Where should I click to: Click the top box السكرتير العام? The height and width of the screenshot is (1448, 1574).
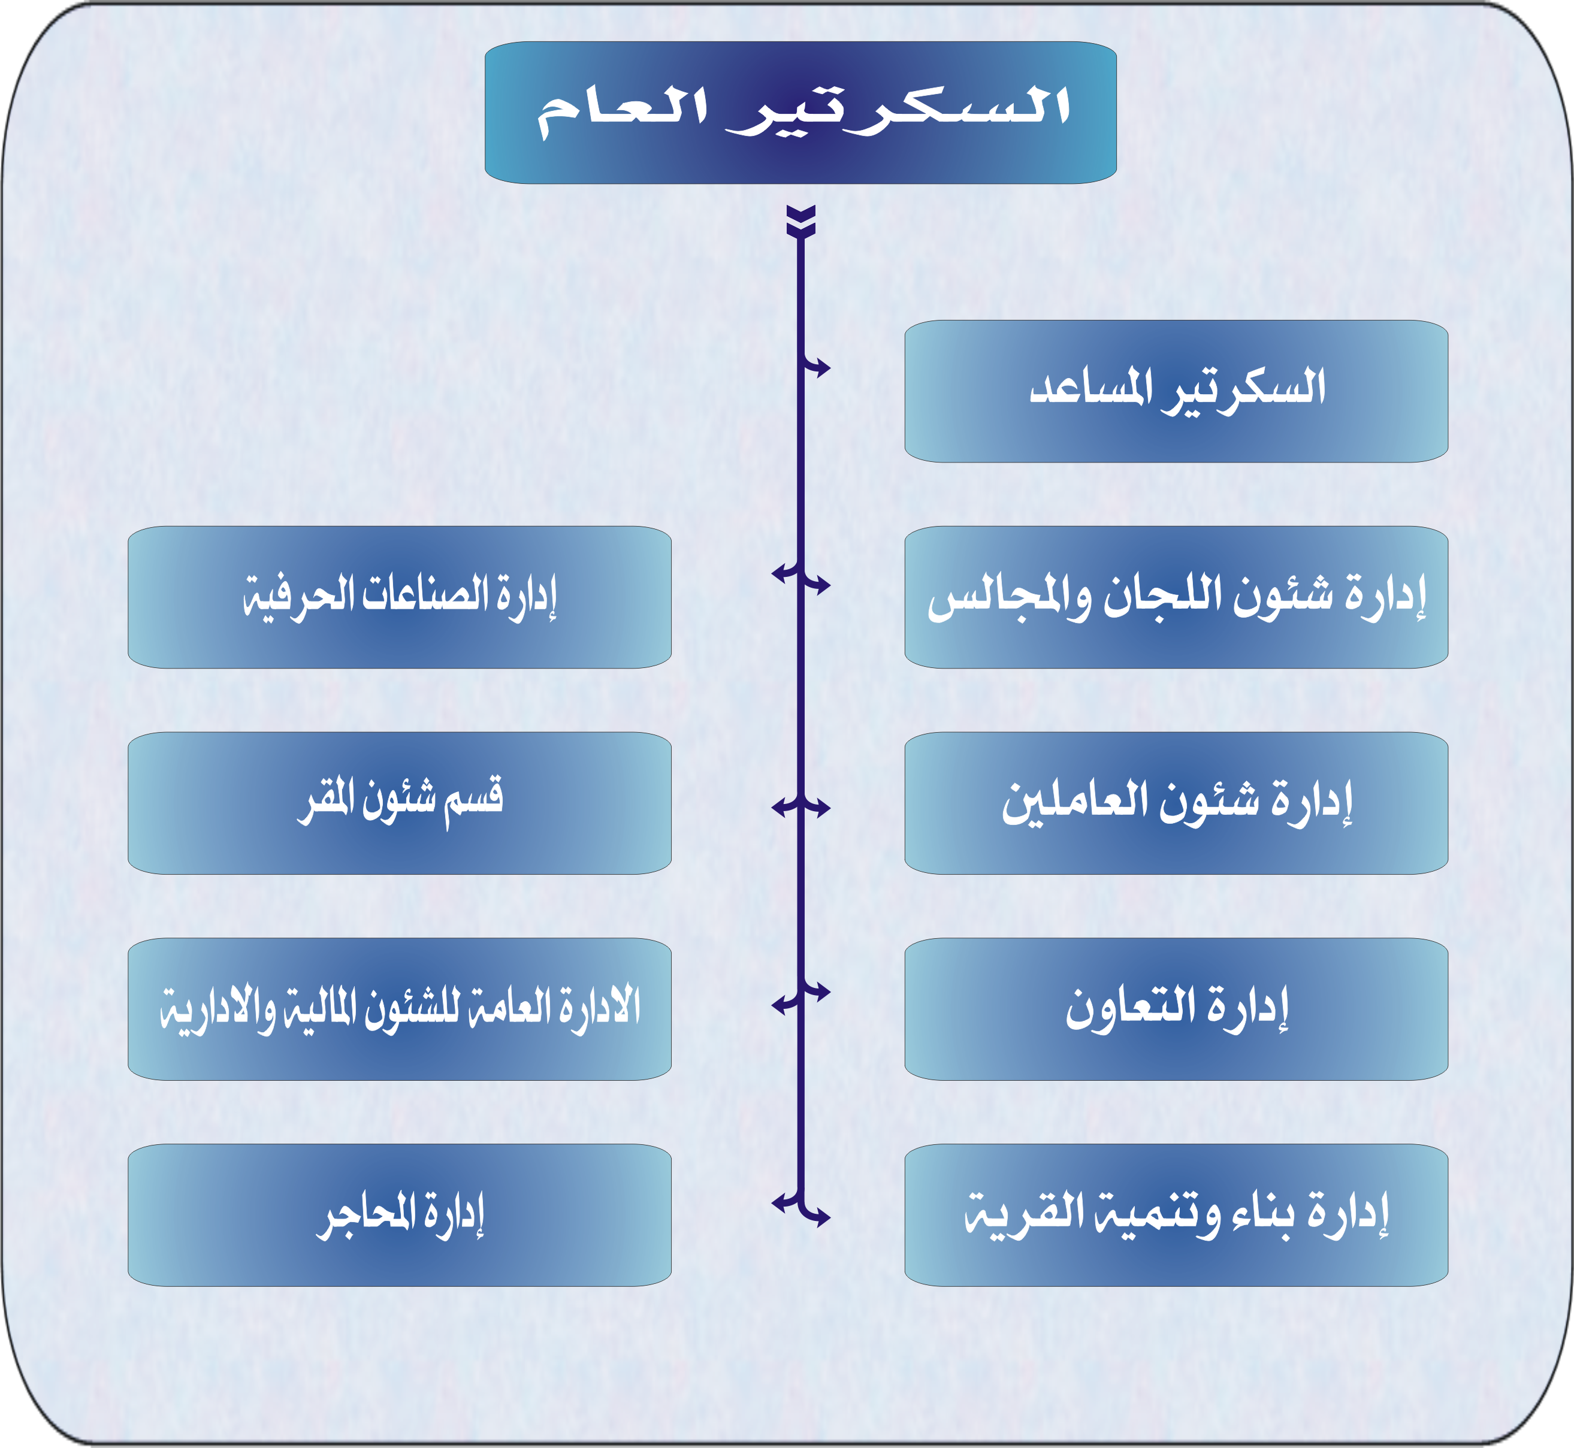(800, 113)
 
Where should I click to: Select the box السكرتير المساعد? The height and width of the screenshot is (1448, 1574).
(1176, 391)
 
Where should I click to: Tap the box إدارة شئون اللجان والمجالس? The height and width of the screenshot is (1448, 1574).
(1176, 597)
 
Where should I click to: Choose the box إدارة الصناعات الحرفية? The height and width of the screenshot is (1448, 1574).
(400, 597)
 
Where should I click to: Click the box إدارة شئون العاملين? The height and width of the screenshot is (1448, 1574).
(1176, 803)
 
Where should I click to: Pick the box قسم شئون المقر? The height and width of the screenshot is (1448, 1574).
(400, 803)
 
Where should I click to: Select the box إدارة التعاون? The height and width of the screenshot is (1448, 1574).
(1176, 1009)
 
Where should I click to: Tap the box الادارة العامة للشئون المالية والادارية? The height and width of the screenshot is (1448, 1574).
(400, 1009)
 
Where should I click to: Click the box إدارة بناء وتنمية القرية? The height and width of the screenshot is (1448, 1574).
(1176, 1216)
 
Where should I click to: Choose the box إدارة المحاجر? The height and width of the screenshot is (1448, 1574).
(400, 1216)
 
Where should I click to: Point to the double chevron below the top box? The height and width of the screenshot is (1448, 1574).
(800, 221)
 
